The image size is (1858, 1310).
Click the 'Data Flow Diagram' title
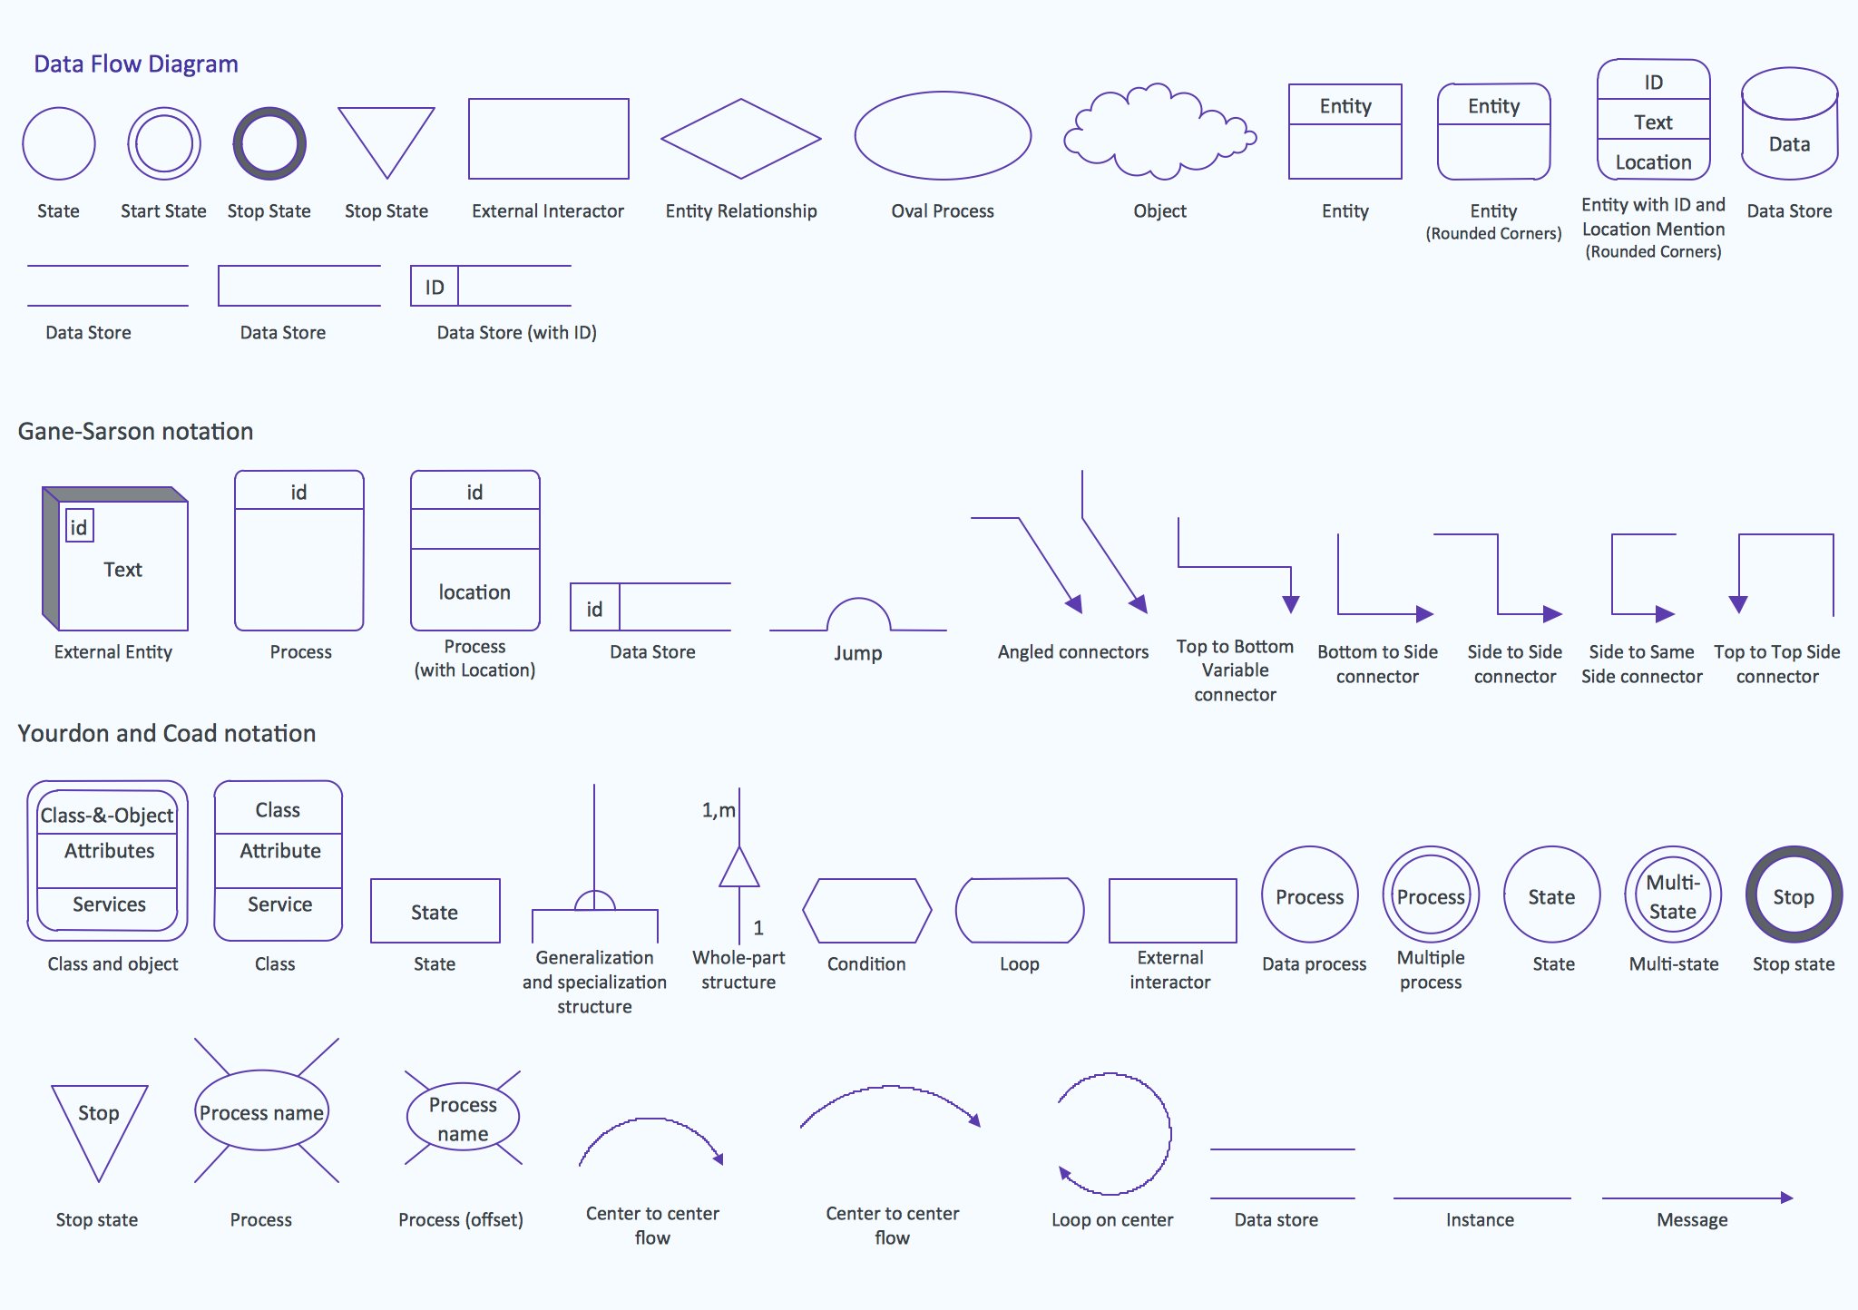tap(136, 64)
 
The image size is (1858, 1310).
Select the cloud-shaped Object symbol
tap(1159, 134)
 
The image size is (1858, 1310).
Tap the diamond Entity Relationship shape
tap(740, 139)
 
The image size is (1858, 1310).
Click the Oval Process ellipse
tap(943, 136)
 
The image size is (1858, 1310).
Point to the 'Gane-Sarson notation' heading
tap(135, 432)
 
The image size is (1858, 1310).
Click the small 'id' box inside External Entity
tap(79, 527)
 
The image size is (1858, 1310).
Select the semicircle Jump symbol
tap(858, 615)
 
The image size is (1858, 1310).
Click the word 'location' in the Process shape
tap(474, 592)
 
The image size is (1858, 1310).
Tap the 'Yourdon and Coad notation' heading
tap(167, 734)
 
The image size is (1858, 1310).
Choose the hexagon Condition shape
tap(866, 910)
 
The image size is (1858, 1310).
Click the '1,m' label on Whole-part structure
tap(718, 810)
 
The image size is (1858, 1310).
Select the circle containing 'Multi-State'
tap(1673, 895)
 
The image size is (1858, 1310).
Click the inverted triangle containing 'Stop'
tap(99, 1125)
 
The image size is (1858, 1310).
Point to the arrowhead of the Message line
tap(1786, 1198)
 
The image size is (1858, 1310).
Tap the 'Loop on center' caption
tap(1112, 1220)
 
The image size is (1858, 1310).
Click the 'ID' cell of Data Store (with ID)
tap(435, 288)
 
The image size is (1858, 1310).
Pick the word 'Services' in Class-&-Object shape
tap(109, 904)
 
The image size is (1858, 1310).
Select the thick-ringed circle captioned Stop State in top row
tap(269, 143)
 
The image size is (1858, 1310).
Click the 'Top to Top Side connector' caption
tap(1776, 664)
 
